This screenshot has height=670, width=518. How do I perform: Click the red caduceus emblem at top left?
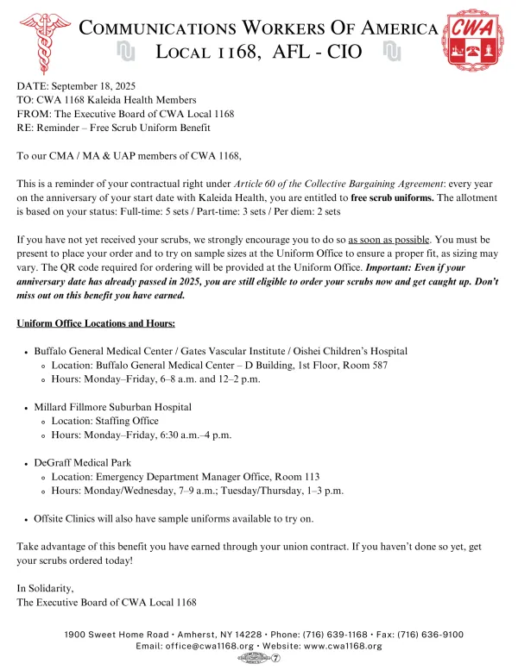coord(43,39)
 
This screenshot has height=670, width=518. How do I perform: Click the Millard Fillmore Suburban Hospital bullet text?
coord(112,407)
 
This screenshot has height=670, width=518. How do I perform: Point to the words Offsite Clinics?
coord(66,519)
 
